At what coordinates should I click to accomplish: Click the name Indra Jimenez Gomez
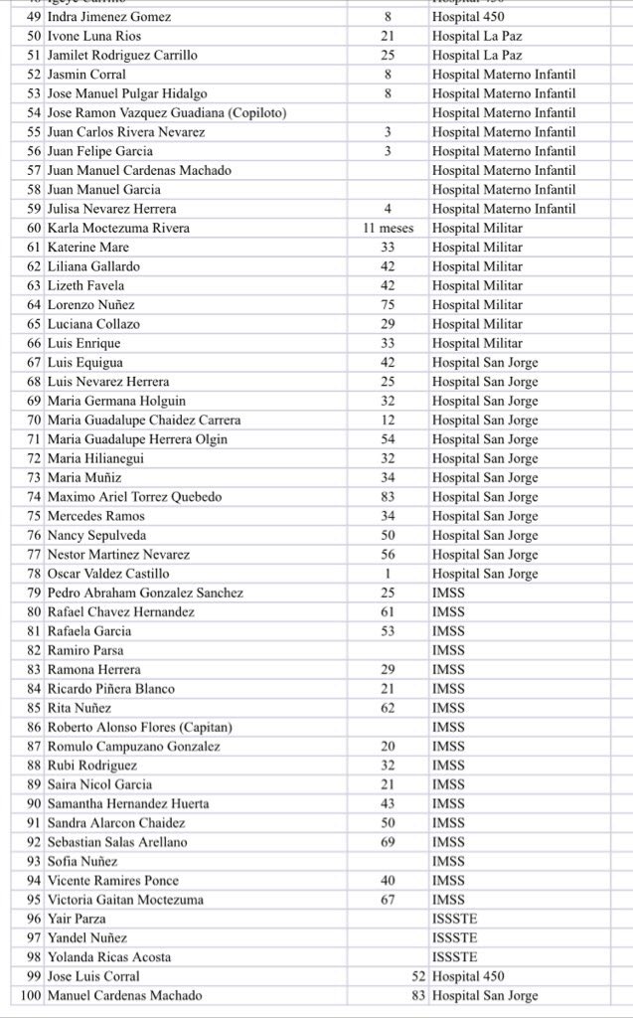(109, 17)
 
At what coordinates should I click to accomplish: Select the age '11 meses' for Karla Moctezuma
(388, 229)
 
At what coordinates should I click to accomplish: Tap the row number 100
(31, 996)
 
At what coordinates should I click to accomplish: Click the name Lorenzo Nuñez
(91, 305)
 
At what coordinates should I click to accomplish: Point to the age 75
(388, 305)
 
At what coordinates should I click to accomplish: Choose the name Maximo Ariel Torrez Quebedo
(134, 497)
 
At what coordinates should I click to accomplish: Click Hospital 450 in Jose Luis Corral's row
(470, 977)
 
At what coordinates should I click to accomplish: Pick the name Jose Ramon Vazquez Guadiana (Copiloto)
(167, 113)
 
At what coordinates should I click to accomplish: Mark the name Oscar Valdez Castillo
(108, 574)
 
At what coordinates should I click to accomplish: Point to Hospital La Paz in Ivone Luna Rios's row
(477, 36)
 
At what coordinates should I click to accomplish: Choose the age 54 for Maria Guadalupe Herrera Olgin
(388, 439)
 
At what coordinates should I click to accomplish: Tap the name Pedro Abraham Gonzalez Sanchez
(145, 593)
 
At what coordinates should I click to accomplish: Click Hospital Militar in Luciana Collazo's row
(477, 324)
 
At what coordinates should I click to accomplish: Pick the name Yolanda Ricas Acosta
(109, 957)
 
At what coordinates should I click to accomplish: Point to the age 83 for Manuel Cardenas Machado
(417, 996)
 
